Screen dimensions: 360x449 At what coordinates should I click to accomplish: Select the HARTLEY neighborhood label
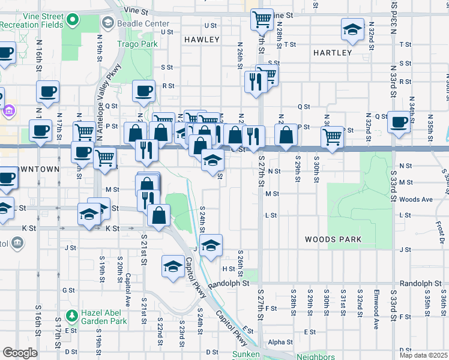(x=332, y=53)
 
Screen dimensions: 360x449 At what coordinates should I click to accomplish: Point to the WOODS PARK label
(x=333, y=239)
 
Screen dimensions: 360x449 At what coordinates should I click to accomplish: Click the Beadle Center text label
(x=138, y=23)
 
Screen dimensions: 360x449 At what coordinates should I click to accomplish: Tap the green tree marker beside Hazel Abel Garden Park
(x=72, y=315)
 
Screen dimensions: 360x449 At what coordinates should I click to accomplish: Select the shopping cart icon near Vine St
(x=262, y=20)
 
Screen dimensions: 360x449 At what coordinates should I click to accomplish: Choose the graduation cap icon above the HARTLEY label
(x=352, y=29)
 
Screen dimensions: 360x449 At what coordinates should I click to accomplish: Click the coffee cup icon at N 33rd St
(x=399, y=122)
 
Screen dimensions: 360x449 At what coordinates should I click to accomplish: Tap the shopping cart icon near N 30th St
(x=332, y=136)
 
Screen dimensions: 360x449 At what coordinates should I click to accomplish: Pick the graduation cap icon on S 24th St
(x=210, y=245)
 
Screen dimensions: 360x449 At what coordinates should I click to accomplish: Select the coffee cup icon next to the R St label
(x=143, y=91)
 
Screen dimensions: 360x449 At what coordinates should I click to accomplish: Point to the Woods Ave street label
(x=415, y=199)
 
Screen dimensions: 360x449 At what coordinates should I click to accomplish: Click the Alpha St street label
(x=280, y=342)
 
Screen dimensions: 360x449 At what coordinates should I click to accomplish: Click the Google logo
(x=20, y=353)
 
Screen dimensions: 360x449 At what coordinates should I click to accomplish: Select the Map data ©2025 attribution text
(x=423, y=355)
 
